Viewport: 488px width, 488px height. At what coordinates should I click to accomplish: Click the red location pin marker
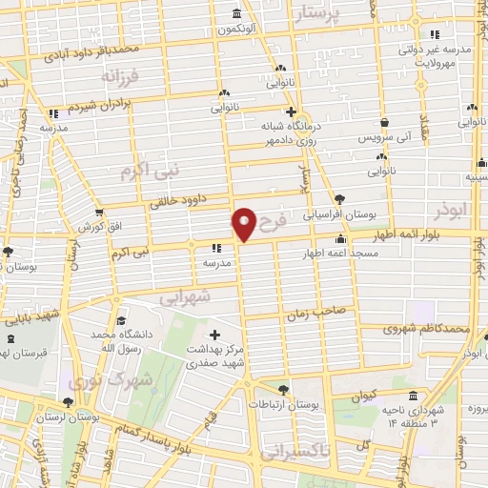244,224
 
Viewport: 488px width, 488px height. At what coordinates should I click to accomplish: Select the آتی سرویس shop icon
383,123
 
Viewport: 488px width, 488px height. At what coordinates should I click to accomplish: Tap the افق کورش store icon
99,213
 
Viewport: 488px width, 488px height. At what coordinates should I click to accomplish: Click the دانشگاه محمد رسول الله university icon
120,322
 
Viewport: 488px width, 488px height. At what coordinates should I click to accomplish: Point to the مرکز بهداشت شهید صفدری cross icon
214,335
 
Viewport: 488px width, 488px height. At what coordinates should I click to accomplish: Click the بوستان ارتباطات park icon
282,389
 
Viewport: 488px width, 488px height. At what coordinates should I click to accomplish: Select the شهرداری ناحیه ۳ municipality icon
412,396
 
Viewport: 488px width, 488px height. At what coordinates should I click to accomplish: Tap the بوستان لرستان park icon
67,403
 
